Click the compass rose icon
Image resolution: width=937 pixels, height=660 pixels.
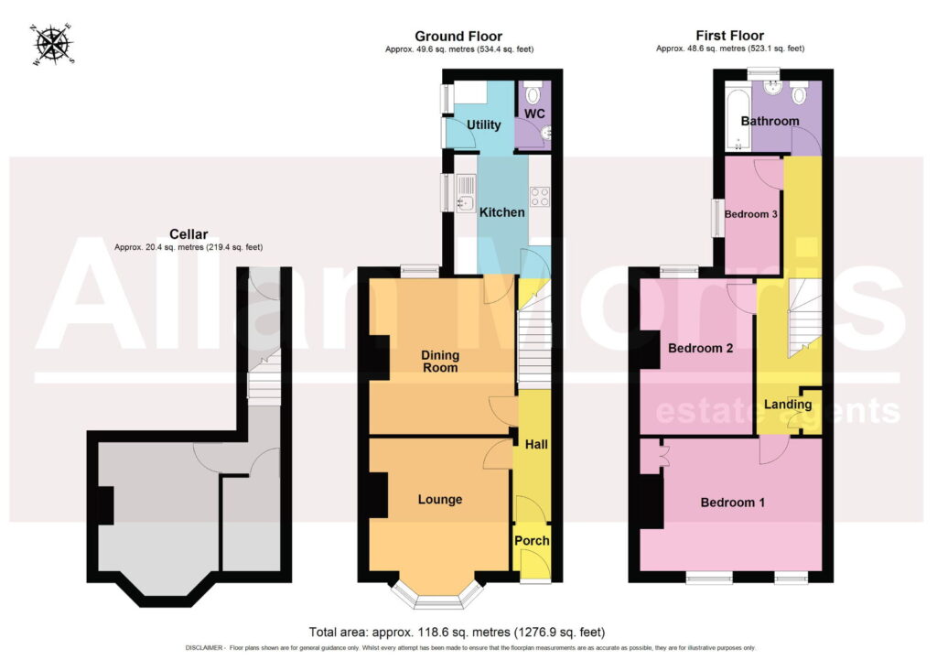pos(53,44)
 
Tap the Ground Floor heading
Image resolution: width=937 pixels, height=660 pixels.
pos(458,37)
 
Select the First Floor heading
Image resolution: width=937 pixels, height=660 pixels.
pos(729,36)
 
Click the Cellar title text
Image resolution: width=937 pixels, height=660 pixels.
pos(188,234)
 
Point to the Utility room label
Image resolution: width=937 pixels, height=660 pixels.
pos(483,124)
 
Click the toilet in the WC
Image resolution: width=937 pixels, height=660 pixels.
pos(533,93)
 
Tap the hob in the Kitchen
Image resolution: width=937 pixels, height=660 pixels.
pos(540,197)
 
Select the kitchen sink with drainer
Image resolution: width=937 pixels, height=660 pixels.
pos(466,193)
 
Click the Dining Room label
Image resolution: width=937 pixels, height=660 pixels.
pos(440,361)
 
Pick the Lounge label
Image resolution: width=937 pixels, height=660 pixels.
pos(440,500)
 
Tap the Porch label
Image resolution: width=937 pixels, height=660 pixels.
pos(532,540)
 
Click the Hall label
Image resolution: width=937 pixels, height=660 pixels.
pos(536,444)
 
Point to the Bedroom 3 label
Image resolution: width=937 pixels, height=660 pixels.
pos(750,214)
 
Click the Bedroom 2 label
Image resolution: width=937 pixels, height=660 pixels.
pos(700,348)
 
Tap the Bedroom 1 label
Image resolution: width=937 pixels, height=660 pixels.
pos(733,503)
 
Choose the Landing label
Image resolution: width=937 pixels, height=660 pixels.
pos(788,404)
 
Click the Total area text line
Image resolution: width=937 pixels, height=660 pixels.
pos(458,632)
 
